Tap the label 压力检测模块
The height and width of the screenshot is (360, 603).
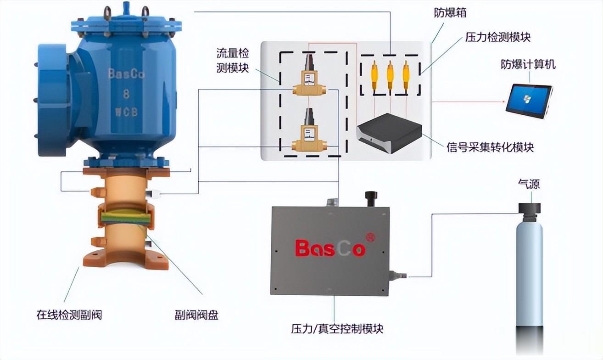[x=498, y=37]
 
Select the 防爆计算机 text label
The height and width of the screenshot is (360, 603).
[x=528, y=64]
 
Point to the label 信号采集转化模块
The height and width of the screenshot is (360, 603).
[x=490, y=147]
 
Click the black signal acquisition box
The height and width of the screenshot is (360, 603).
[x=389, y=133]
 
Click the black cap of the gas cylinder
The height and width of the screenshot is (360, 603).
[x=530, y=209]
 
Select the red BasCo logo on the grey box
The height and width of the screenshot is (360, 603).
[x=330, y=248]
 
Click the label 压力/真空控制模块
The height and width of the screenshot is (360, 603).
[x=337, y=329]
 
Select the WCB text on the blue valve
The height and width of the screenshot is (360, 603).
[x=125, y=112]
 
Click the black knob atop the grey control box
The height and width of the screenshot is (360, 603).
[x=370, y=197]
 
